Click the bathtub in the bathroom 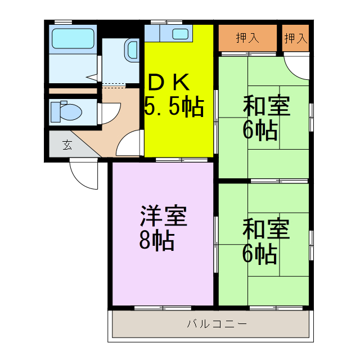[x=74, y=38]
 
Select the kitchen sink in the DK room [x=180, y=34]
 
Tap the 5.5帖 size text [x=174, y=106]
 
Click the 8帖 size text [x=156, y=241]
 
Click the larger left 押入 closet [x=247, y=38]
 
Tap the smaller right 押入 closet [x=295, y=38]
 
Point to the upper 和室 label [x=266, y=106]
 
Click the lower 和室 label [x=266, y=229]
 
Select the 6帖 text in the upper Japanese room [x=260, y=130]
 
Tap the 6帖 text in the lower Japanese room [x=260, y=254]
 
